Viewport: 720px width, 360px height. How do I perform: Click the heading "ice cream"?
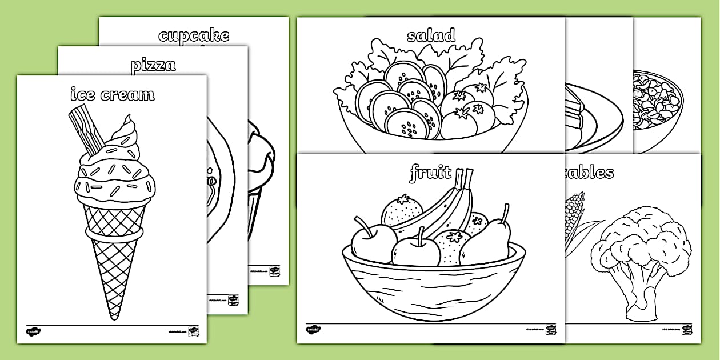(x=112, y=94)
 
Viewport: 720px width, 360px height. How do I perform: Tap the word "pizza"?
(x=153, y=65)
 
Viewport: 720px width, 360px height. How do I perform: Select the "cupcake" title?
(x=194, y=35)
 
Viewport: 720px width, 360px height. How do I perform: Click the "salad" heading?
(x=431, y=35)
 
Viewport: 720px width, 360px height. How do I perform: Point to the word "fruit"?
(x=430, y=172)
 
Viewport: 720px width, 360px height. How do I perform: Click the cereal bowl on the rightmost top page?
(x=657, y=109)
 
